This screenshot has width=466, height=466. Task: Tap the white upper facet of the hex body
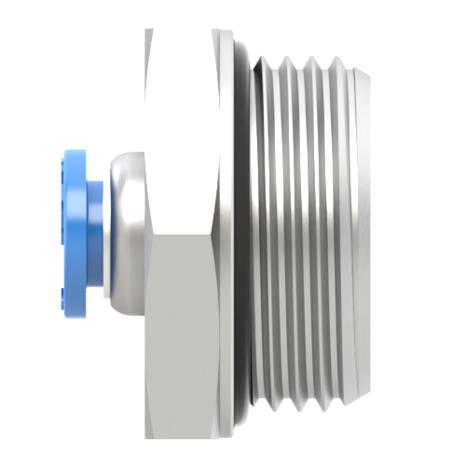coord(182,130)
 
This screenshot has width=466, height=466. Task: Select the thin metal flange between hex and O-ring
coord(229,233)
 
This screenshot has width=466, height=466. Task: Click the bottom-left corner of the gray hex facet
coord(147,436)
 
